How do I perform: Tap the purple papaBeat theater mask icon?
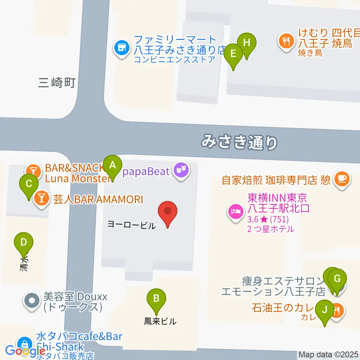pos(181,171)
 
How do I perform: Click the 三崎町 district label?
pos(57,82)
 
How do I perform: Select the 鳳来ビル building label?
pos(160,321)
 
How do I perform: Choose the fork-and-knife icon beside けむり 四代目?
pos(287,40)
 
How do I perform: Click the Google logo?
pos(25,351)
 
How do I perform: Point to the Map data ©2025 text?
pos(328,354)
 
